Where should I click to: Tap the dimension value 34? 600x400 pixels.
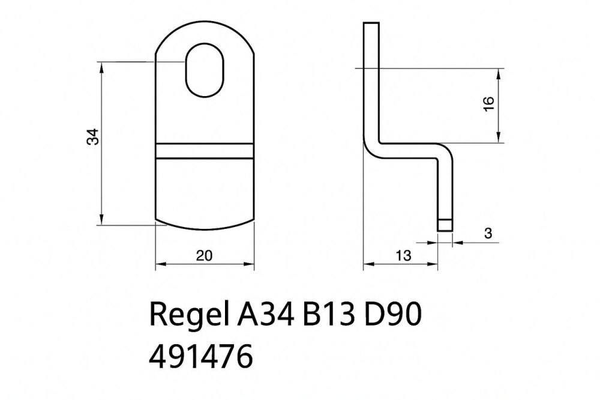pos(93,137)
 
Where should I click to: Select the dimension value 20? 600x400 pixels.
pos(204,256)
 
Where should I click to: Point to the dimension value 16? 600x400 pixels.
pos(489,105)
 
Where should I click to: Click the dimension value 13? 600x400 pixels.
pos(403,256)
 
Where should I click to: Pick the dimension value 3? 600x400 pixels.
pos(488,233)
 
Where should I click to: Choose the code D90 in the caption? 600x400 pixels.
pos(392,314)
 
